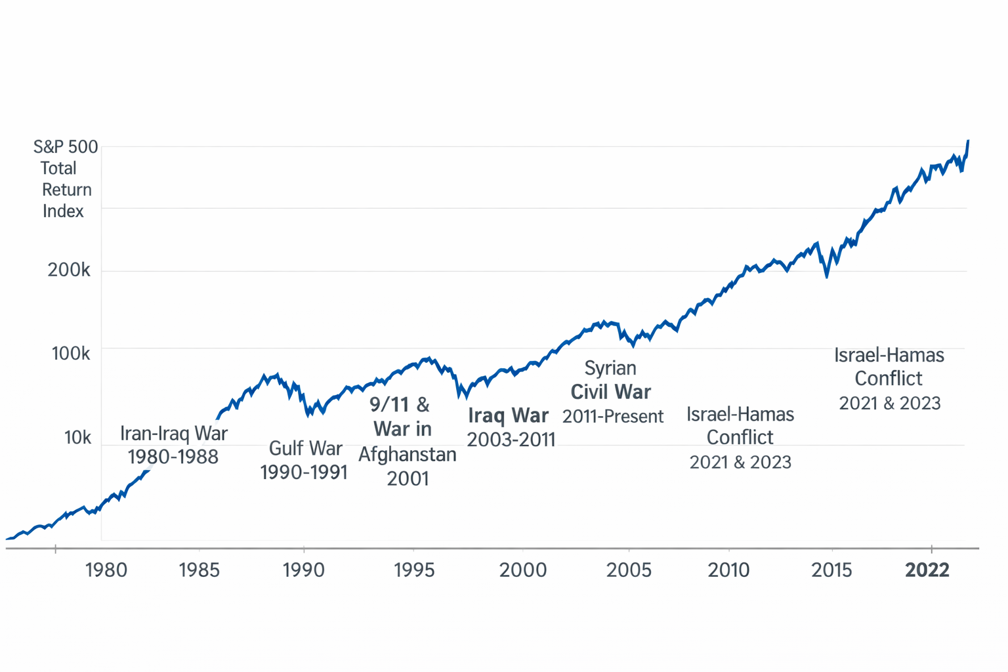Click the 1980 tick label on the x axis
[x=106, y=570]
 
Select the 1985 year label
[x=199, y=570]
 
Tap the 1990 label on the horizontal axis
[x=304, y=570]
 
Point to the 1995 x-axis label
[x=414, y=570]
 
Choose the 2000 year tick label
[x=523, y=570]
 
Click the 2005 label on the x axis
[x=629, y=570]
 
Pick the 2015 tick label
[x=831, y=570]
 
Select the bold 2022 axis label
[x=927, y=570]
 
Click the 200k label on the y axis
[x=69, y=270]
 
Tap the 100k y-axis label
[x=71, y=353]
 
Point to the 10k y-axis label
[x=77, y=438]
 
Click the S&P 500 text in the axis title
[x=66, y=147]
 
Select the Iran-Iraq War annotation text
[x=174, y=434]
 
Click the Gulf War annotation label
[x=306, y=448]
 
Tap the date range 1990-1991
[x=304, y=472]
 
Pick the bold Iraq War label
[x=509, y=415]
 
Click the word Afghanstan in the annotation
[x=408, y=454]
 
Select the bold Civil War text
[x=611, y=392]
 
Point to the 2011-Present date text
[x=613, y=416]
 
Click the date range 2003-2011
[x=511, y=440]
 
